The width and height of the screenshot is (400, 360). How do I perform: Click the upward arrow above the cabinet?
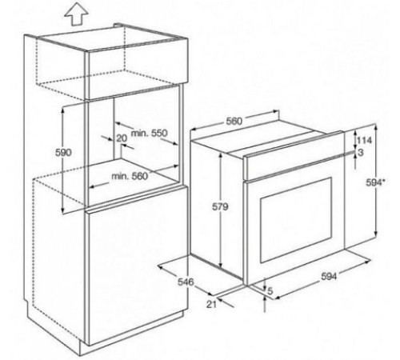click(77, 14)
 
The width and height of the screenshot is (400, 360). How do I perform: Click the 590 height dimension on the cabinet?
click(63, 153)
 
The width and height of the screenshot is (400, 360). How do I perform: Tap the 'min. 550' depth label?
click(149, 133)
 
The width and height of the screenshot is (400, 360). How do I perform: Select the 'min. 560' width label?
click(130, 176)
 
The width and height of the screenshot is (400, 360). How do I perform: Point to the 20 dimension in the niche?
click(122, 138)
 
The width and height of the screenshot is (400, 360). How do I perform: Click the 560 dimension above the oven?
click(234, 122)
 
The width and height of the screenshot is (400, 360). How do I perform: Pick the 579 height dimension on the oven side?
click(220, 206)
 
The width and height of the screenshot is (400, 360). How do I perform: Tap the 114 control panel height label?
click(364, 140)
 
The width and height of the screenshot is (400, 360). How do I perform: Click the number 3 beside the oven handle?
click(361, 153)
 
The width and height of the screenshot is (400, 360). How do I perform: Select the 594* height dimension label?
click(375, 182)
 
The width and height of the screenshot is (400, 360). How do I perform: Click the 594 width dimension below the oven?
click(329, 277)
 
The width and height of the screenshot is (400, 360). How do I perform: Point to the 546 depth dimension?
click(186, 282)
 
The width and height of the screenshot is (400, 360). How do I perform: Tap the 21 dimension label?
click(211, 304)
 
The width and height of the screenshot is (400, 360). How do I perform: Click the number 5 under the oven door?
click(270, 291)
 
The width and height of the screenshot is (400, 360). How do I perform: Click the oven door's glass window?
click(296, 220)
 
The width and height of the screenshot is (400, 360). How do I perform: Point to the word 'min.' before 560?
click(120, 176)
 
